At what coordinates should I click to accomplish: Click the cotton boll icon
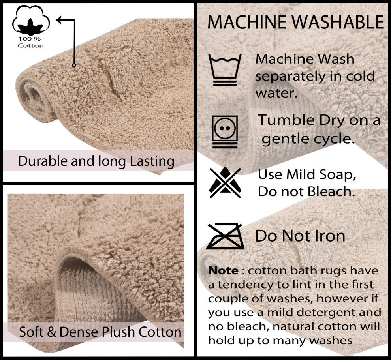coord(31,21)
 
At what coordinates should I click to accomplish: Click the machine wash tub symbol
coord(225,70)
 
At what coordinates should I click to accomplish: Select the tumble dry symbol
coord(225,132)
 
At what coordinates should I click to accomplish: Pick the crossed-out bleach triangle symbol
coord(225,182)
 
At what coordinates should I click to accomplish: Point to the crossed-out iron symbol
coord(225,236)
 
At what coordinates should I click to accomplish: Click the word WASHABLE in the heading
coord(338,22)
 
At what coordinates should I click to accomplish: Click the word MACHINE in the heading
coord(247,22)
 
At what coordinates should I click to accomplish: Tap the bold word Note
coord(223,270)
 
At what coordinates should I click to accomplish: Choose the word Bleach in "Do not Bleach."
coord(331,191)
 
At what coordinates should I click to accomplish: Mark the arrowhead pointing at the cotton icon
coord(59,20)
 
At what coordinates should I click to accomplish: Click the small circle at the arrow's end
coord(74,65)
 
